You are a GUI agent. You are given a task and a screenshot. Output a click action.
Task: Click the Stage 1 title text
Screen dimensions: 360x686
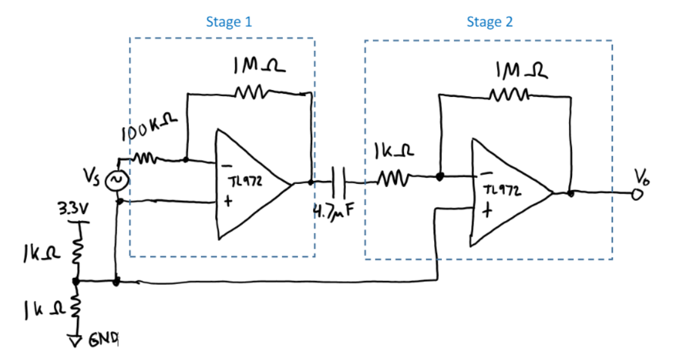pyautogui.click(x=228, y=22)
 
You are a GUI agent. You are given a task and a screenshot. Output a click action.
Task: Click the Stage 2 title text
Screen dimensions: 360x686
pyautogui.click(x=489, y=22)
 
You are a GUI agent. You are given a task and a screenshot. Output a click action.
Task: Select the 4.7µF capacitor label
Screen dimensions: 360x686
pyautogui.click(x=332, y=214)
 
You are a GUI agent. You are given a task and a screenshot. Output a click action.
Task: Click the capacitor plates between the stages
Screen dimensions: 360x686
pyautogui.click(x=338, y=182)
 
